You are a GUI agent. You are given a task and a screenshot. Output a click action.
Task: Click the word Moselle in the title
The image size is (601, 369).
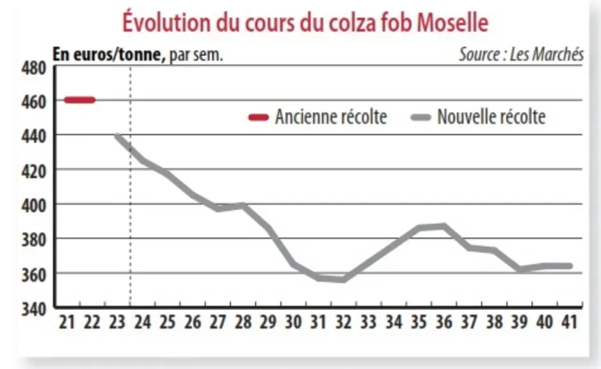(x=453, y=22)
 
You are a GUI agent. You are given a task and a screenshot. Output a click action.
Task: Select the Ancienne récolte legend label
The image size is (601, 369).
(x=331, y=117)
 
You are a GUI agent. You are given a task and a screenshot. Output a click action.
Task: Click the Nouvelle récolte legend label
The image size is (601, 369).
(x=492, y=117)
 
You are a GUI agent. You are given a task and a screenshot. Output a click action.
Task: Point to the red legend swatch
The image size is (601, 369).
(x=259, y=117)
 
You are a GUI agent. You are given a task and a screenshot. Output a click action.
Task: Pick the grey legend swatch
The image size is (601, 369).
(x=421, y=117)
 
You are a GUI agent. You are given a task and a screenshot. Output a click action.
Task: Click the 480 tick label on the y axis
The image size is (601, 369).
(x=34, y=69)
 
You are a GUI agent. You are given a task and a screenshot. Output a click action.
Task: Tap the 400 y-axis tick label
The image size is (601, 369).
(x=34, y=206)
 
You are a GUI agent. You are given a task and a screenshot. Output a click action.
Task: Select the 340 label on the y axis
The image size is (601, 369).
(x=34, y=309)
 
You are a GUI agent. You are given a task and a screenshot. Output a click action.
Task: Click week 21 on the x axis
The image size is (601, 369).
(x=67, y=322)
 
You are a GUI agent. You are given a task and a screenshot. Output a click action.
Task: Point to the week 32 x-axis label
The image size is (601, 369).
(x=344, y=322)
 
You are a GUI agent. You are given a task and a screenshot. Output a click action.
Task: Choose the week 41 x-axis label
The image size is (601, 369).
(x=570, y=322)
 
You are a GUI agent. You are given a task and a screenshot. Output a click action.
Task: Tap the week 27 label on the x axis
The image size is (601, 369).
(x=218, y=322)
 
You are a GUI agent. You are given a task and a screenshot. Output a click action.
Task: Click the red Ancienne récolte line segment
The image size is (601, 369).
(x=80, y=100)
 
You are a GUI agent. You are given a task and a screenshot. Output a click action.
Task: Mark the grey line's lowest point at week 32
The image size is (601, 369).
(x=344, y=279)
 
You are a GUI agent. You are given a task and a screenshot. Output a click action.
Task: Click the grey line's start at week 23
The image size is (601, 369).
(x=117, y=136)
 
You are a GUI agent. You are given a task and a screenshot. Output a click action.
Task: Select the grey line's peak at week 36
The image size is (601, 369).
(x=444, y=226)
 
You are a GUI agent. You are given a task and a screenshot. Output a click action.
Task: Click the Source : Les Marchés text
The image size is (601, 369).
(x=521, y=54)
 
